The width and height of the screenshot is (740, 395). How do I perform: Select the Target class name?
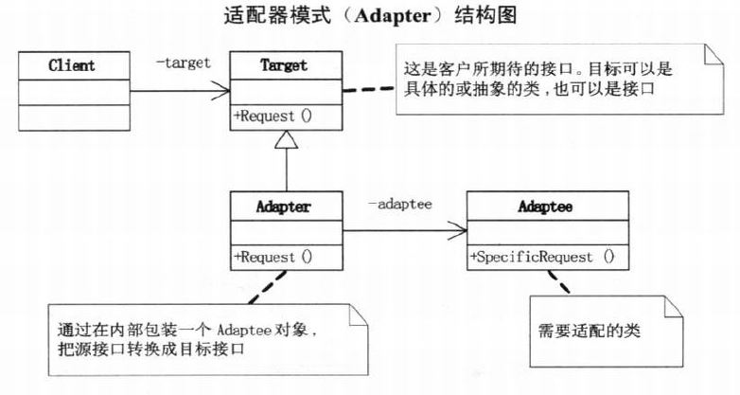pyautogui.click(x=285, y=65)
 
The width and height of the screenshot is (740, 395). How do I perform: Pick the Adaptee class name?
pyautogui.click(x=547, y=205)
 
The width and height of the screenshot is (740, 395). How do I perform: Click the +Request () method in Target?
pyautogui.click(x=273, y=117)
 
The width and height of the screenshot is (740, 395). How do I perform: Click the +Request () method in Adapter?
pyautogui.click(x=273, y=257)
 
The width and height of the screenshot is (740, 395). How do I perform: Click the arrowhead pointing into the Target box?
pyautogui.click(x=222, y=91)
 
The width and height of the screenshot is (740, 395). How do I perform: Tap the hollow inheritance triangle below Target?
pyautogui.click(x=286, y=141)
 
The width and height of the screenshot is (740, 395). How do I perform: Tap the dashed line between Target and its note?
pyautogui.click(x=367, y=88)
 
